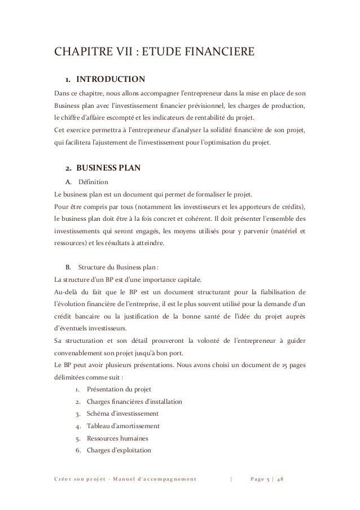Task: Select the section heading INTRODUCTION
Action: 111,78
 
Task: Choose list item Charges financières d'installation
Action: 134,402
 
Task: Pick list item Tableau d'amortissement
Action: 123,426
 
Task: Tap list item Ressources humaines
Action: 119,438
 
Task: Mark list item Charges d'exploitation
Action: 119,450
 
